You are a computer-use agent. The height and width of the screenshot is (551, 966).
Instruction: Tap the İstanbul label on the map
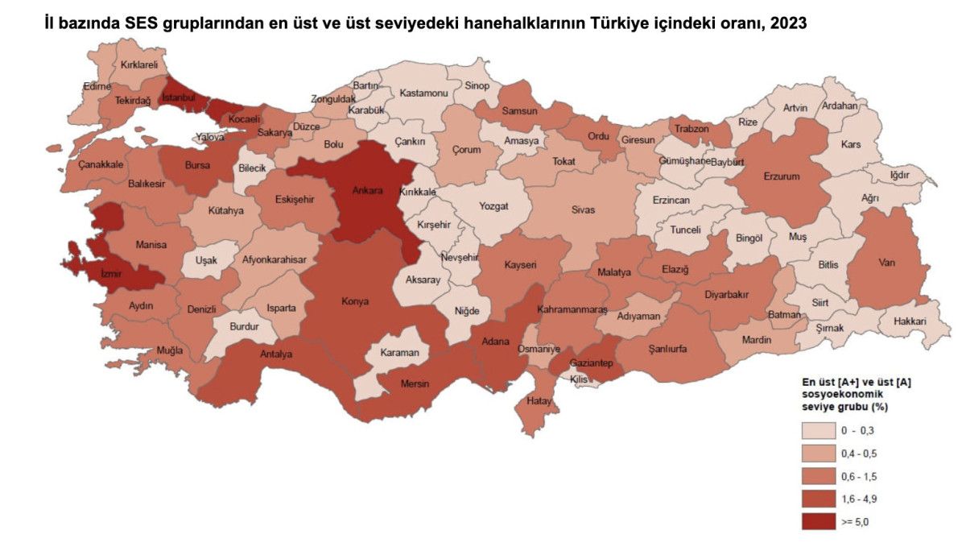click(179, 97)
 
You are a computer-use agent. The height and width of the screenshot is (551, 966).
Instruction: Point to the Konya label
click(355, 301)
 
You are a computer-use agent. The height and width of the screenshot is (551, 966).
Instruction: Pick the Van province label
click(888, 263)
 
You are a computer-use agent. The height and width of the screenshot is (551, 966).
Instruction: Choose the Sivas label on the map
click(583, 210)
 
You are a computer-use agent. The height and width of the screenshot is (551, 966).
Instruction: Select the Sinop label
click(477, 86)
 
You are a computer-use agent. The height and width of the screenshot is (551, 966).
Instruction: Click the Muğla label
click(170, 350)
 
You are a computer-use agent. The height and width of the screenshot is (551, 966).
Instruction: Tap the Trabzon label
click(691, 129)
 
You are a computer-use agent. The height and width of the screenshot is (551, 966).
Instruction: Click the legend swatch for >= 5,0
click(818, 522)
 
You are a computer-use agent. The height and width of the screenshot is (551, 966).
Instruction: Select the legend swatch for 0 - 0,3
click(818, 432)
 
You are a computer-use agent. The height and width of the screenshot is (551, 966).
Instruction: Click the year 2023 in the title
click(788, 23)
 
